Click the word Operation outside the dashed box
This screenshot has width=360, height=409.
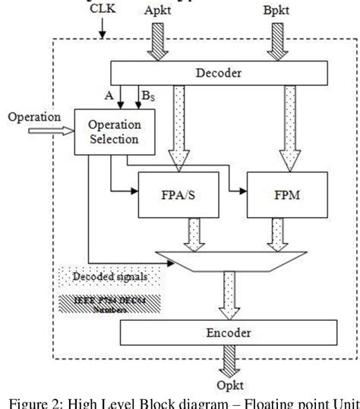[x=33, y=118]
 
